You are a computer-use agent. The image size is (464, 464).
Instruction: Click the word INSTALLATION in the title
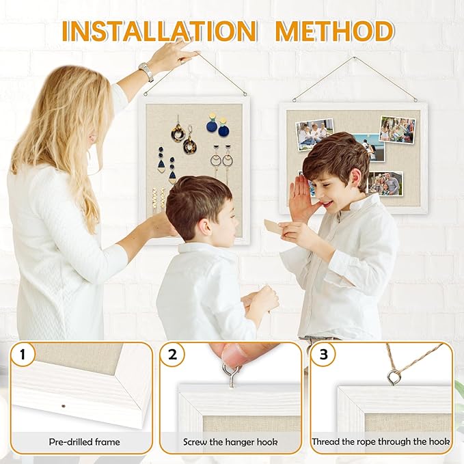pos(159,31)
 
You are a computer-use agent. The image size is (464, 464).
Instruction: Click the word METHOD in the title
pos(334,31)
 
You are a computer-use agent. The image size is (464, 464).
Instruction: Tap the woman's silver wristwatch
pos(146,72)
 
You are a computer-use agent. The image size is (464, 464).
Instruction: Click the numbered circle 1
pos(23,354)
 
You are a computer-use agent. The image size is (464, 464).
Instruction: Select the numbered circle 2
pos(172,354)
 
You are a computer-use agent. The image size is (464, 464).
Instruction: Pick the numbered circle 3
pos(323,354)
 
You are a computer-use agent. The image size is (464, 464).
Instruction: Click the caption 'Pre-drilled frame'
pos(85,442)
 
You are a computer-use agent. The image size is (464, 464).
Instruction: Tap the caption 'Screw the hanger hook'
pos(230,442)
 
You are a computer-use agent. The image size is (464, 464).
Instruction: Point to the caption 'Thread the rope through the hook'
pos(381,442)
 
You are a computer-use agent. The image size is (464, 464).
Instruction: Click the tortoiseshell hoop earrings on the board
pos(183,137)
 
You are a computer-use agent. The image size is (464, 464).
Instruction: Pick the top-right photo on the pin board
pos(398,129)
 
